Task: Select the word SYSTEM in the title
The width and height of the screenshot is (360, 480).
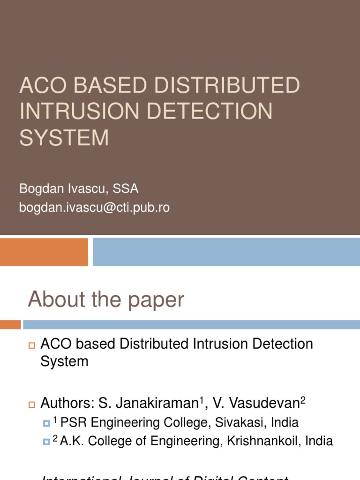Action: pos(64,137)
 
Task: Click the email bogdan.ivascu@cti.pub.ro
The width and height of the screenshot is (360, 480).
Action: pos(94,208)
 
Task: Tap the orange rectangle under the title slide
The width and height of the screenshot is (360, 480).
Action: pos(44,252)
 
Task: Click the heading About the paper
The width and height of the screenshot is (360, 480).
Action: pos(106,300)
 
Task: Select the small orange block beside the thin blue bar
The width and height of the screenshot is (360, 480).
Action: pos(10,324)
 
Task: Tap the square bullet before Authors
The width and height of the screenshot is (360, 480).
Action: pos(32,404)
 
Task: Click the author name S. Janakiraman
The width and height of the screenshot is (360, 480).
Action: pos(147,403)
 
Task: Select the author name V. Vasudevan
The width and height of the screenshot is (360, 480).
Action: pos(256,403)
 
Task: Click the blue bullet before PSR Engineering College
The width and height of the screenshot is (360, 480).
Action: pos(46,423)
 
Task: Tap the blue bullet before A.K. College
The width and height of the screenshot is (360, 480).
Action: pos(46,442)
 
